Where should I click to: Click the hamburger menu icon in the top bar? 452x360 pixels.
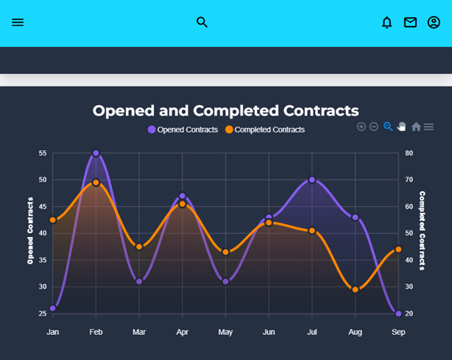tap(18, 23)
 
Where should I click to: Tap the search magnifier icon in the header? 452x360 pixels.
tap(202, 23)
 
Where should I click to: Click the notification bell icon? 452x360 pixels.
tap(386, 23)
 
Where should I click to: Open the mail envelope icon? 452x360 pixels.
tap(410, 23)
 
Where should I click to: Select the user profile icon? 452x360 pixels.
tap(434, 23)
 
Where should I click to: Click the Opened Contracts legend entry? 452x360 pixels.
tap(183, 130)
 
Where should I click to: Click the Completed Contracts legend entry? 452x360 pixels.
tap(265, 130)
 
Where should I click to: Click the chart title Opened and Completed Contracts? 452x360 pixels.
tap(225, 110)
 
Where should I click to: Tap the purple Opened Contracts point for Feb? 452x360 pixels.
tap(96, 153)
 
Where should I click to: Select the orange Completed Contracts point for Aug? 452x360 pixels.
tap(356, 289)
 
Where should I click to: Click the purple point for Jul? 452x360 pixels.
tap(312, 180)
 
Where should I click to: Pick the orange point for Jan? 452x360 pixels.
tap(52, 220)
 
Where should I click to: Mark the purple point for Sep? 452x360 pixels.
tap(398, 314)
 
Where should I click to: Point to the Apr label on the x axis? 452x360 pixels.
tap(182, 333)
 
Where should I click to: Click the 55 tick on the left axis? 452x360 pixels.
tap(42, 153)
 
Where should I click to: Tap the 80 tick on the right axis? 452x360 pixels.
tap(409, 153)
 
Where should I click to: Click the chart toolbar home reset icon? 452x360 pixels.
tap(416, 127)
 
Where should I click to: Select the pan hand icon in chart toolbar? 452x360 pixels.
tap(402, 127)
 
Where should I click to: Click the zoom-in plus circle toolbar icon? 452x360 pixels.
tap(361, 127)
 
